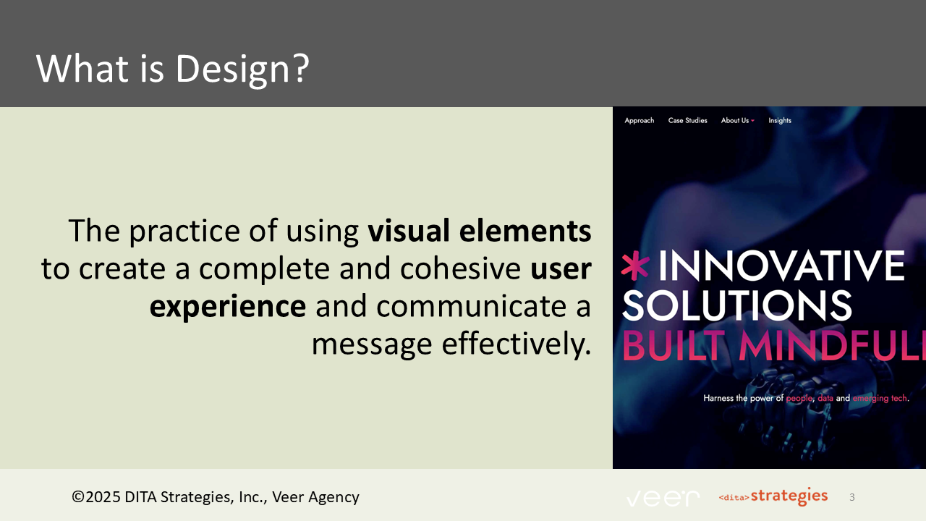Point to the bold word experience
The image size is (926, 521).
[x=228, y=306]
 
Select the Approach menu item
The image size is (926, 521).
[x=639, y=121]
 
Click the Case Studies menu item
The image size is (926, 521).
[x=687, y=121]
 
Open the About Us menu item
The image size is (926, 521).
[x=736, y=121]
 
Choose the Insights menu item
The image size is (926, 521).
[x=780, y=121]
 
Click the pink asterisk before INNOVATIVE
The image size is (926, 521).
[x=635, y=266]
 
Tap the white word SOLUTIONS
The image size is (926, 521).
[x=736, y=305]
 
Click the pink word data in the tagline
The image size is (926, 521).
[x=825, y=399]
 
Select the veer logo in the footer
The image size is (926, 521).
[x=663, y=498]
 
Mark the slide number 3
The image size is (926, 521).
[x=852, y=497]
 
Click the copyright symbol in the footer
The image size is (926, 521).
[x=77, y=497]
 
